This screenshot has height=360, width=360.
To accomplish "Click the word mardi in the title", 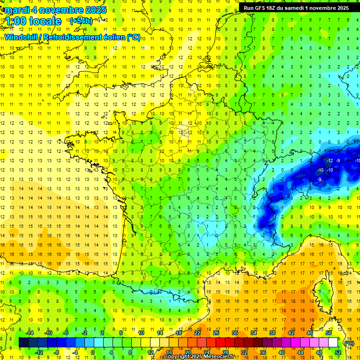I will point(15,10).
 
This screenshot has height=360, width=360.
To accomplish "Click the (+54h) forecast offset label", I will point(81,21).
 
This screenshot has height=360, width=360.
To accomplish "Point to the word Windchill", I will point(22,37).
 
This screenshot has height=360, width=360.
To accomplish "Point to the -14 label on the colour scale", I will point(30,333).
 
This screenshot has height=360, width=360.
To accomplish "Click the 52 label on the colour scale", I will point(337,352).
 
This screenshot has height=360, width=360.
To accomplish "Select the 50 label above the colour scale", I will point(329,333).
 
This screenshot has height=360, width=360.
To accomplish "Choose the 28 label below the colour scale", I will point(225,352).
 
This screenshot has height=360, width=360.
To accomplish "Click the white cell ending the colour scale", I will point(333,343).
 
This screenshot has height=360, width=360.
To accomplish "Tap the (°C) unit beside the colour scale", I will point(349,343).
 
